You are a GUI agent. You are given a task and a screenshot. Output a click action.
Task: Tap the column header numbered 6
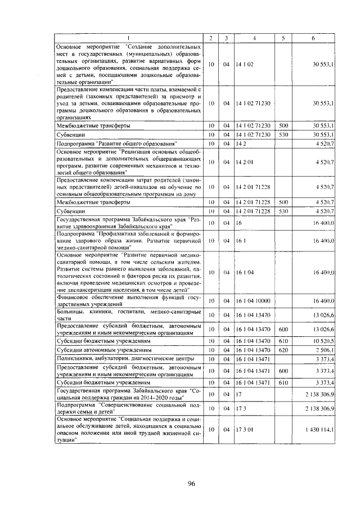[313, 38]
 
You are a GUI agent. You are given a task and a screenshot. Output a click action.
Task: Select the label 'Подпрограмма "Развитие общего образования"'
[118, 144]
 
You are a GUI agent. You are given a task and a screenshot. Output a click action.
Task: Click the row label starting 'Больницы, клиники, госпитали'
[129, 314]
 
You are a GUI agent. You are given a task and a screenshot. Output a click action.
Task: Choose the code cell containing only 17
[239, 394]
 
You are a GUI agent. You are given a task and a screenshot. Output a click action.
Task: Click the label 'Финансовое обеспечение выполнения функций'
[129, 301]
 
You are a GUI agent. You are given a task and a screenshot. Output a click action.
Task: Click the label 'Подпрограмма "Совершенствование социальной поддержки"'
[129, 407]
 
